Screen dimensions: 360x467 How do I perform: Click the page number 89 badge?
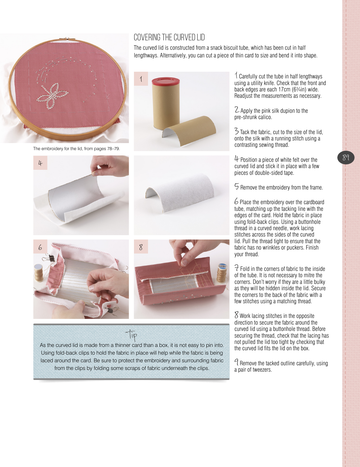[346, 158]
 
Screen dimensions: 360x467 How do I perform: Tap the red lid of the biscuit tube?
[166, 81]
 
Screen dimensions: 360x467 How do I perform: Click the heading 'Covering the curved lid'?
[169, 37]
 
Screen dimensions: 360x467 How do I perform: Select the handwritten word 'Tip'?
[131, 335]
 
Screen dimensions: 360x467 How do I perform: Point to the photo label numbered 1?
[141, 79]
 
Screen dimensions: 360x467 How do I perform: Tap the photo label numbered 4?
[40, 163]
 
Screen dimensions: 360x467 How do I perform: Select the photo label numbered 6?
[40, 247]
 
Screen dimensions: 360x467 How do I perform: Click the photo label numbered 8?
[141, 247]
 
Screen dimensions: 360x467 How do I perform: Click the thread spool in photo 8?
[222, 273]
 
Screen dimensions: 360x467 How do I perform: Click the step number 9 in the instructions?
[236, 362]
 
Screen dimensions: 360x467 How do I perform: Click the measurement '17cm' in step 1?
[282, 89]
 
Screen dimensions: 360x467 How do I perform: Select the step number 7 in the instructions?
[237, 268]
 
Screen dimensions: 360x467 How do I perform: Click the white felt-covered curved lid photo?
[182, 195]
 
